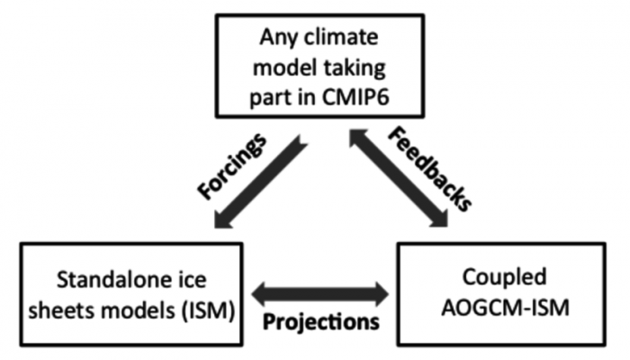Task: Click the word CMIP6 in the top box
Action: click(355, 97)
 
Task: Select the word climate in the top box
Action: click(341, 38)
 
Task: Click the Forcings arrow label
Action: click(232, 166)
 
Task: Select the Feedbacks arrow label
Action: click(429, 169)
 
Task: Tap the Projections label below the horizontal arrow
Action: click(321, 321)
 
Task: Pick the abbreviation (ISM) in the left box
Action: click(208, 310)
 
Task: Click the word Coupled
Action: click(504, 278)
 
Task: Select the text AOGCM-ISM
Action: click(506, 309)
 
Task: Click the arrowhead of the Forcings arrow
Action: click(223, 219)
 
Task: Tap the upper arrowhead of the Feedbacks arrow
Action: click(358, 138)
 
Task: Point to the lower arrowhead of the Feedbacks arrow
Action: click(438, 218)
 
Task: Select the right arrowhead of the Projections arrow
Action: click(380, 294)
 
